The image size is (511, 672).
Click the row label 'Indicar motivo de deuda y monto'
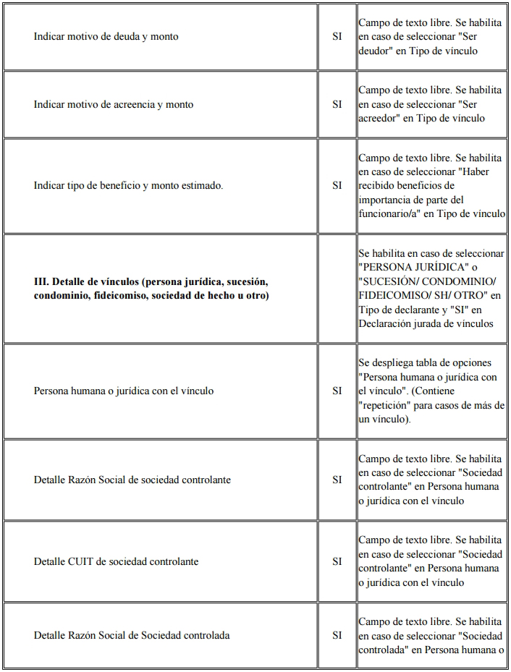[106, 36]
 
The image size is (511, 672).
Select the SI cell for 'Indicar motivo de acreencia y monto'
[337, 104]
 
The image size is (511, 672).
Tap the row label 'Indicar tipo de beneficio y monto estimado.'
[128, 185]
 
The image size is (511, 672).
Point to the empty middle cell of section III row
[337, 289]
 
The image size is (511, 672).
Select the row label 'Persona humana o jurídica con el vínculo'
[124, 391]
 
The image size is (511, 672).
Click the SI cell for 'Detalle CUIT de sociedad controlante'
[337, 561]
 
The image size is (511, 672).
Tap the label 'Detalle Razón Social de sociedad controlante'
[132, 480]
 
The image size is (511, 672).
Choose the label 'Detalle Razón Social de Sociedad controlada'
[132, 635]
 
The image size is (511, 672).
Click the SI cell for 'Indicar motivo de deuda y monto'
[337, 36]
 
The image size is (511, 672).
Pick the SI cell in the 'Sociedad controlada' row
[337, 635]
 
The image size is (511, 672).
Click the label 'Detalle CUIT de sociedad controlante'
[116, 561]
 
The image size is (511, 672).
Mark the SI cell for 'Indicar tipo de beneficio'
[337, 185]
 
